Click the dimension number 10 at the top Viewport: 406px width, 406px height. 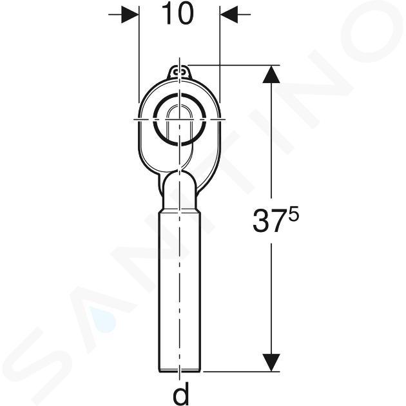click(x=178, y=14)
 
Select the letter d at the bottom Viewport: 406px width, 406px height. click(x=180, y=394)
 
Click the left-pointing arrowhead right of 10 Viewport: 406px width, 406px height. click(x=229, y=14)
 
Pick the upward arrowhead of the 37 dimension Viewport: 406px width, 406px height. click(x=271, y=74)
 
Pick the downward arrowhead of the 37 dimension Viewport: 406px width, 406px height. click(x=271, y=363)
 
